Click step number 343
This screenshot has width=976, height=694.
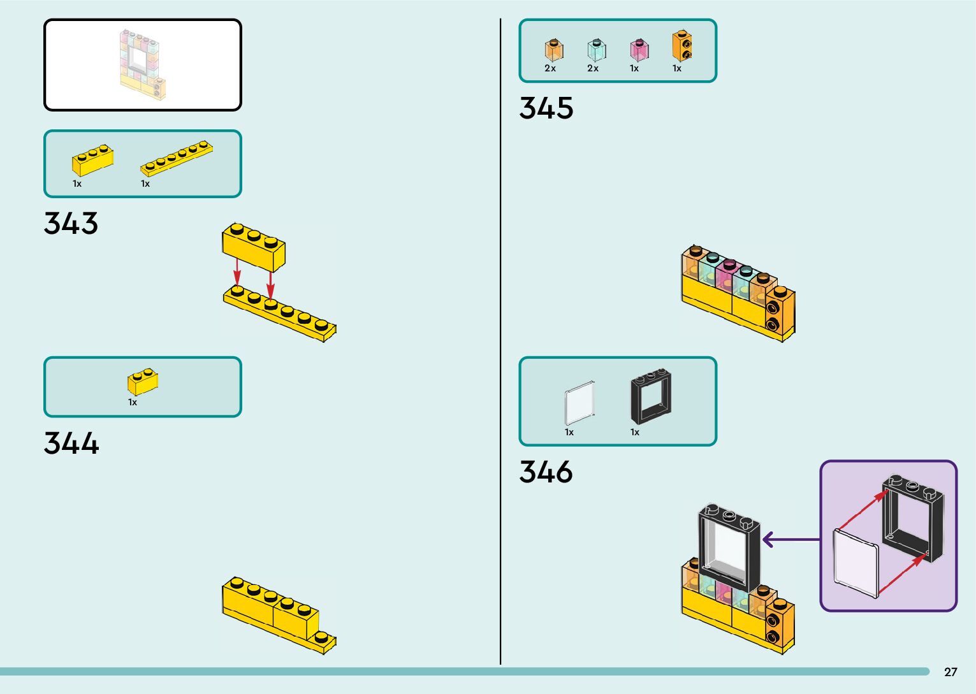point(71,224)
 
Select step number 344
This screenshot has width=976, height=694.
point(71,443)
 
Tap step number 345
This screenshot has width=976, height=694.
point(546,108)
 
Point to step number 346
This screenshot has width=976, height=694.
point(546,472)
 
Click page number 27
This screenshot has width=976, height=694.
point(951,672)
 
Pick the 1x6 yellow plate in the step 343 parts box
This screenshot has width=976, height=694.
point(177,158)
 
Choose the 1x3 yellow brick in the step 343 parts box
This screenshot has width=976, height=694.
point(92,160)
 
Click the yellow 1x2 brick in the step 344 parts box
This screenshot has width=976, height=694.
point(143,382)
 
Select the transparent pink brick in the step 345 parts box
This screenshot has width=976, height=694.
point(639,50)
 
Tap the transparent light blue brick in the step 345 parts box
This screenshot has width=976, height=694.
point(597,50)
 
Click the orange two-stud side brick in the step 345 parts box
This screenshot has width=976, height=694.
point(682,46)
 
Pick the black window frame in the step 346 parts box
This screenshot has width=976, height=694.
point(651,396)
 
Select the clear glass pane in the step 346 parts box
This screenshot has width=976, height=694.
point(579,403)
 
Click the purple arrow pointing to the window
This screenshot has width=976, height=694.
point(790,540)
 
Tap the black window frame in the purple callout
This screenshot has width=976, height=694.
point(912,517)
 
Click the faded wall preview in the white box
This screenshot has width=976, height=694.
point(143,64)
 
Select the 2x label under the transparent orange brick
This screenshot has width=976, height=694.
point(550,68)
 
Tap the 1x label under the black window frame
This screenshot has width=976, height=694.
point(635,432)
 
